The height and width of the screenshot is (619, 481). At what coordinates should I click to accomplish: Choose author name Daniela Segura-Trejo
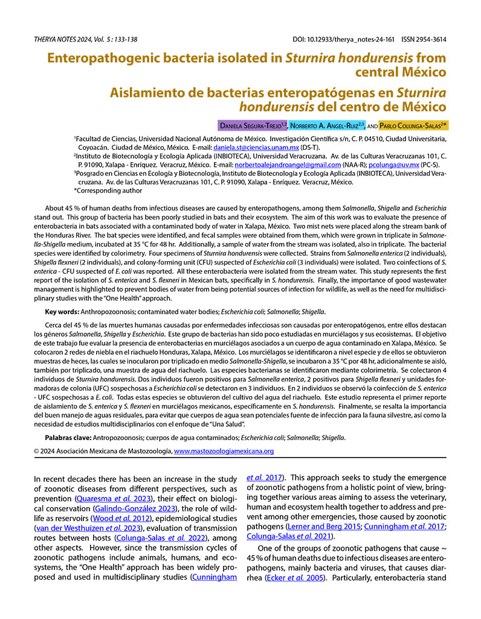(253, 126)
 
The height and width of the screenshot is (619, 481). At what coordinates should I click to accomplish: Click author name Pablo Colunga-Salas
(414, 126)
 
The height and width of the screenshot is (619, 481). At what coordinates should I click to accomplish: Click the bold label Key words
(62, 312)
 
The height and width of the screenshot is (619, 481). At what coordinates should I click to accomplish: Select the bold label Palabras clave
(68, 436)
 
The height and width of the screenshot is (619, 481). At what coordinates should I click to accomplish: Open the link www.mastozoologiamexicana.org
(224, 451)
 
